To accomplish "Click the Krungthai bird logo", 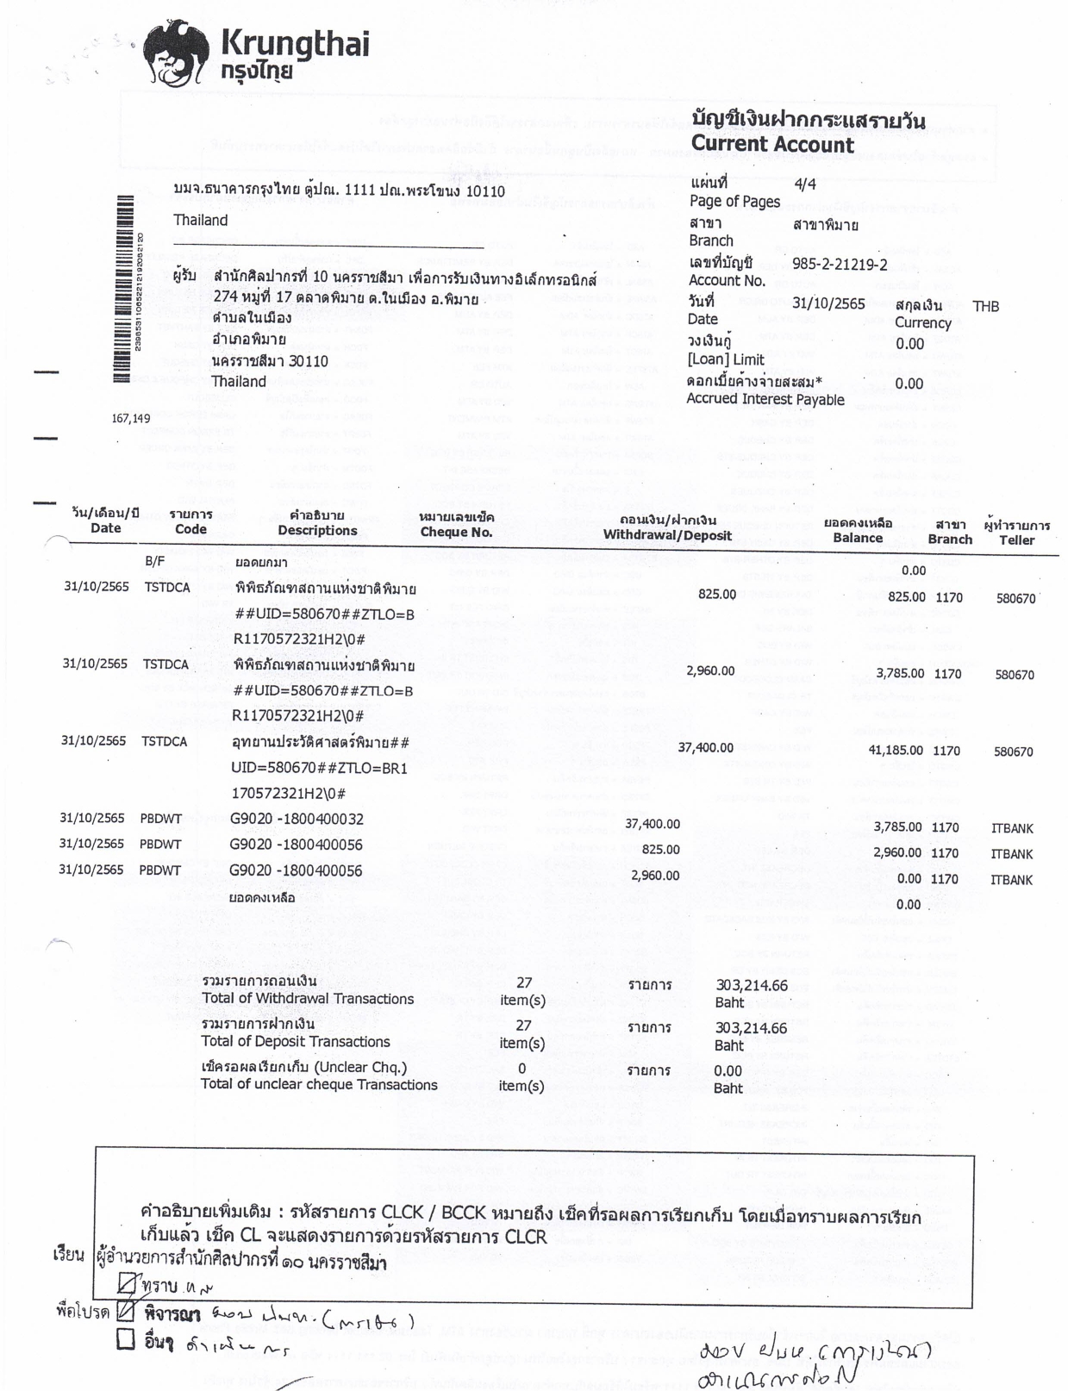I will point(176,54).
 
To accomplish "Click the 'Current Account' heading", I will point(771,144).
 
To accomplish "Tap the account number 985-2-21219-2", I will point(839,265).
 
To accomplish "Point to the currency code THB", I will point(985,306).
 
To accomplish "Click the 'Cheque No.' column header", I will point(456,532).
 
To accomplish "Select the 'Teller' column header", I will point(1016,540).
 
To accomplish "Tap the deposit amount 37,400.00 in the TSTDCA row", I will point(705,747).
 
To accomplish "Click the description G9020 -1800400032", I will point(296,819).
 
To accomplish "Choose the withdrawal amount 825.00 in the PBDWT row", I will point(660,849).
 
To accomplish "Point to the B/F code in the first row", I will point(154,561).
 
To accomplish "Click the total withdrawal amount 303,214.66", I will point(751,985).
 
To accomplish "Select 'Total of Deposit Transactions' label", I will point(295,1041).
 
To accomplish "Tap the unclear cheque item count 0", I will point(522,1069).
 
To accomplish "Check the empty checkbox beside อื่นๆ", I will point(126,1339).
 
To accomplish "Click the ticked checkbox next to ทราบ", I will point(127,1285).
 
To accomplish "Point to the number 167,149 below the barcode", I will point(131,419).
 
